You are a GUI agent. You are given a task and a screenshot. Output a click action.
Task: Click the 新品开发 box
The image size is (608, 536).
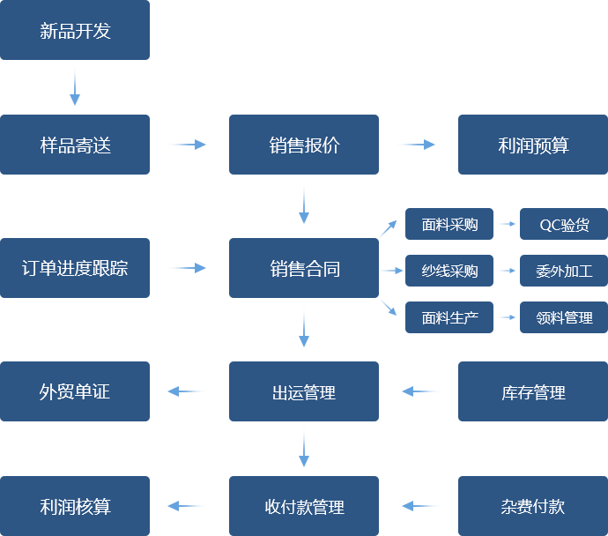click(75, 31)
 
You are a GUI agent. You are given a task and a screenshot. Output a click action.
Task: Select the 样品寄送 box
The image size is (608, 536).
click(75, 144)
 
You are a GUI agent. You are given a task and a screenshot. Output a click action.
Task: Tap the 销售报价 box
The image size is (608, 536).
click(303, 144)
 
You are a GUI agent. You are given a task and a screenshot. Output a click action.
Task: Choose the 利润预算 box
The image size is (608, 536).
click(532, 144)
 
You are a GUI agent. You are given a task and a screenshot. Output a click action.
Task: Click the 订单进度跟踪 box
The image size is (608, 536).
click(75, 267)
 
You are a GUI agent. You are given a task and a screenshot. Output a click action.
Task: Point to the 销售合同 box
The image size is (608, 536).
click(303, 267)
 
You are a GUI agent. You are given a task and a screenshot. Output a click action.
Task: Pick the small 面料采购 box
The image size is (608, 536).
click(449, 224)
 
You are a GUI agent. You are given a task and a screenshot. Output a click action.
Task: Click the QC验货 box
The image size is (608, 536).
click(563, 224)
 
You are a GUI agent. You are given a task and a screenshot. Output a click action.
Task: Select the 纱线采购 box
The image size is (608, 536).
click(449, 271)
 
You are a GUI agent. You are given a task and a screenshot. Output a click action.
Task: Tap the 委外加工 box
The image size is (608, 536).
click(563, 271)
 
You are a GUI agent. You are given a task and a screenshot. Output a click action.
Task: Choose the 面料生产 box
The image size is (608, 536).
click(449, 317)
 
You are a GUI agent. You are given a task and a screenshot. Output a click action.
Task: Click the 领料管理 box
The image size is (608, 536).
click(563, 317)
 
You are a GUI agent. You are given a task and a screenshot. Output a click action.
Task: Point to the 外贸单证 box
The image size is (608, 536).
click(75, 391)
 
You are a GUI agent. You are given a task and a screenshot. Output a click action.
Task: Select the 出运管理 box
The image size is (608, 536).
click(303, 391)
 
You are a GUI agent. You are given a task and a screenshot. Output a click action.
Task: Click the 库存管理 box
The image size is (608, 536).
click(532, 391)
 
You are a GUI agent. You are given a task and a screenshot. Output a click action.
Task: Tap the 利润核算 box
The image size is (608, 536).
click(75, 506)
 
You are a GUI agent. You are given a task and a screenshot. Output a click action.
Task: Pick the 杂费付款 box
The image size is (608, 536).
click(532, 506)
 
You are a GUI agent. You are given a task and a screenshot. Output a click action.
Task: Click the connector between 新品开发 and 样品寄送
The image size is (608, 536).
click(75, 86)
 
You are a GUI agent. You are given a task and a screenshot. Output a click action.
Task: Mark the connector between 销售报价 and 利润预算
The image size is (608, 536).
click(416, 145)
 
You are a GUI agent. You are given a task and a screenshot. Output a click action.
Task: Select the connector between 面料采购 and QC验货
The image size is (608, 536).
click(506, 224)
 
